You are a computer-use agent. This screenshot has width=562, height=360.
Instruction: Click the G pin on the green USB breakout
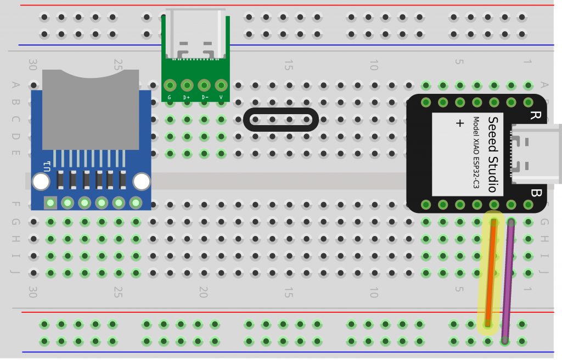point(170,86)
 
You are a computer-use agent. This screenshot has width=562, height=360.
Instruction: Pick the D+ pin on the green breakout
point(187,86)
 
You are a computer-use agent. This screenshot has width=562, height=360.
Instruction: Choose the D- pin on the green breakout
point(204,86)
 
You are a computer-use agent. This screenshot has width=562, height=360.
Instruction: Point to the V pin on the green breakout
point(221,86)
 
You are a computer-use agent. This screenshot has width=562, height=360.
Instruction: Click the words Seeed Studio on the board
point(492,154)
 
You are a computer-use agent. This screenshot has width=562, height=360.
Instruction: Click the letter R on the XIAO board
point(534,115)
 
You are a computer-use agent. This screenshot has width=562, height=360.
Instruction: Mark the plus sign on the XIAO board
point(460,123)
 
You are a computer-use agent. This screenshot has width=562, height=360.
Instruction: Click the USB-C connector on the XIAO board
point(536,154)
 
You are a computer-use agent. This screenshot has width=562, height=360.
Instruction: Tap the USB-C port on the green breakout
point(196,34)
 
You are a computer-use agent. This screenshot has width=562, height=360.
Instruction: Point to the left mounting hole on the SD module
point(41,182)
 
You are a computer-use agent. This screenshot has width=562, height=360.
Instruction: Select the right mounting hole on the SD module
point(142,182)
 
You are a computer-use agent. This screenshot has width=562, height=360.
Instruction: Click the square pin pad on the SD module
point(50,203)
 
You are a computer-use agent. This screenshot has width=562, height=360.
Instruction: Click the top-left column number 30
point(32,65)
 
